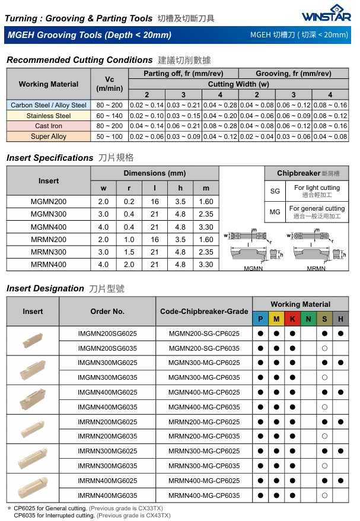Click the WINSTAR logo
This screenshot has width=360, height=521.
326,13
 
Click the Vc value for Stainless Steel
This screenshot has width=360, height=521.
109,116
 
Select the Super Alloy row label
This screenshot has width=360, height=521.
49,136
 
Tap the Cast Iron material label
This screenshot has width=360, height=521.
49,126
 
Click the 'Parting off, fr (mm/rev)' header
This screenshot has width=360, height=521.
183,74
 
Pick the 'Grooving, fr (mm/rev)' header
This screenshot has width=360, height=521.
293,74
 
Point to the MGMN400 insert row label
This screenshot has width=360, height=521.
49,227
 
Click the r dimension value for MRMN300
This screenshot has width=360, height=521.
129,252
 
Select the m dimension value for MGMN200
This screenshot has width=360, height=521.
206,202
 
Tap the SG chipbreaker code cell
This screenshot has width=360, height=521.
275,191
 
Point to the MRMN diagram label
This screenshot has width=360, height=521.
316,268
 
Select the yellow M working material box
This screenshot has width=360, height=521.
276,319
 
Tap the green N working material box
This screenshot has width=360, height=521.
308,319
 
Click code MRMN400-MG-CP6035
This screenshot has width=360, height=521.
204,495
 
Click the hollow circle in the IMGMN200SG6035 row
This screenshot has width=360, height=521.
324,348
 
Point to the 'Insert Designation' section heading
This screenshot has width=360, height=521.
45,288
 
